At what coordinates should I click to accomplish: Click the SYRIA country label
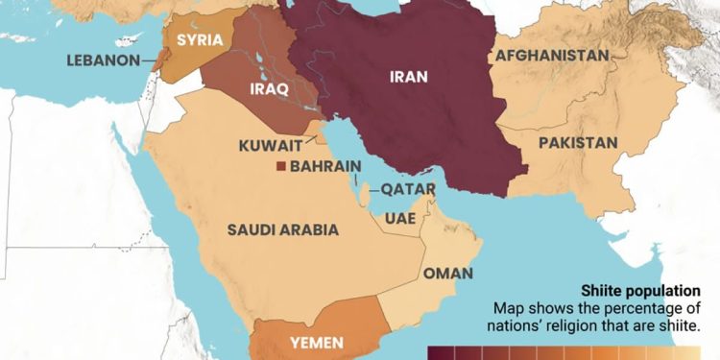[200, 40]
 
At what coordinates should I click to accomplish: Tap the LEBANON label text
[103, 60]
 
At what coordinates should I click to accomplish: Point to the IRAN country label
[409, 78]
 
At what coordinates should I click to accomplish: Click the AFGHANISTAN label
[551, 56]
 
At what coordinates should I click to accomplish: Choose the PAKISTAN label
[577, 142]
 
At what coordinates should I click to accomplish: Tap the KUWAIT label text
[270, 147]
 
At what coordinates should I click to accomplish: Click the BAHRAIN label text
[325, 167]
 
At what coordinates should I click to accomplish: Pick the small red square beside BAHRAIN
[280, 167]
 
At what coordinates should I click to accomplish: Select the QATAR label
[408, 189]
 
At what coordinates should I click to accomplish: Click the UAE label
[398, 218]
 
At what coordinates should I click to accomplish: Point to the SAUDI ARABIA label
[282, 229]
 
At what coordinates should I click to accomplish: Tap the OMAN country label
[447, 274]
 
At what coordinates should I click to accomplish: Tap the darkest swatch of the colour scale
[440, 354]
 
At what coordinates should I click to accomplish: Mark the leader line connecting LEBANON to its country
[151, 60]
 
